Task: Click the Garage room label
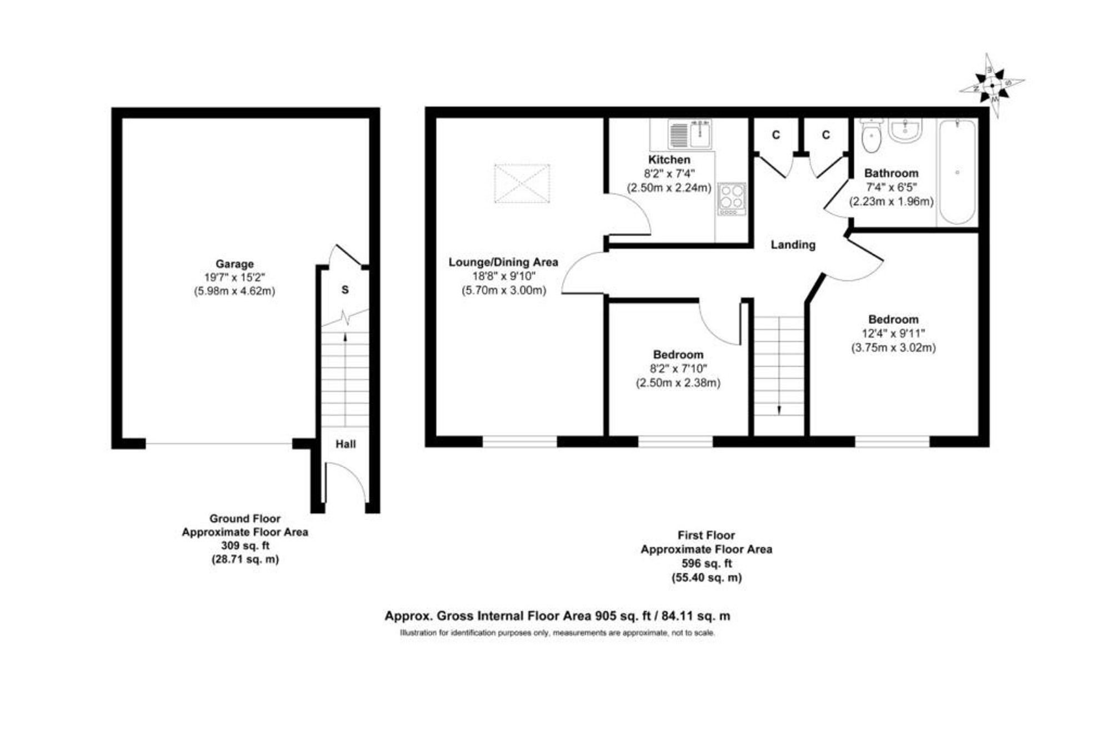234,264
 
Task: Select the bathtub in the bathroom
957,172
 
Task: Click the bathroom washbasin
905,129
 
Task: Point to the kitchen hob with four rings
732,198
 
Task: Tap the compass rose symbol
992,86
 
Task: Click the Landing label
793,244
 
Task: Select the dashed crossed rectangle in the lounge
522,183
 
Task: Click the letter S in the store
345,290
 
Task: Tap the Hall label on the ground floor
346,444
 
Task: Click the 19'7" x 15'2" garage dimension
234,277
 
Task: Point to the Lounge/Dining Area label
503,262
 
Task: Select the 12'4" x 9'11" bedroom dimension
893,333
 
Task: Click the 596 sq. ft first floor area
707,563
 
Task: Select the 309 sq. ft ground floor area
245,546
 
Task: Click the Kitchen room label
669,159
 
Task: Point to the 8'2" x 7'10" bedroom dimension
678,368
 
